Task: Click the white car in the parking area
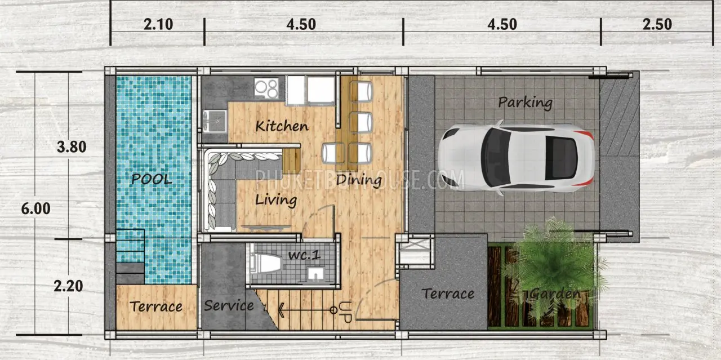[x=517, y=158]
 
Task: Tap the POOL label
[x=152, y=179]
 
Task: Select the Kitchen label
[x=282, y=126]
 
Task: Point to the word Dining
[x=359, y=180]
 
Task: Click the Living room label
[x=276, y=200]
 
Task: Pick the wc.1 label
[x=304, y=255]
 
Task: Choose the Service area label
[x=229, y=305]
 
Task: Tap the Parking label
[x=526, y=103]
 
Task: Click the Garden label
[x=556, y=294]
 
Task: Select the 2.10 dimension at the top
[x=158, y=24]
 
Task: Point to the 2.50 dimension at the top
[x=657, y=24]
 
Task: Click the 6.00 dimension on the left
[x=35, y=208]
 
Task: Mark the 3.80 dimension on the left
[x=72, y=147]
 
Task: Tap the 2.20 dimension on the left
[x=68, y=286]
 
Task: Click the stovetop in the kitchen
[x=266, y=88]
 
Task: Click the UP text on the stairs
[x=346, y=312]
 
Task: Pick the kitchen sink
[x=215, y=121]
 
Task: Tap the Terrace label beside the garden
[x=448, y=294]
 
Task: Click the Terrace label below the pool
[x=156, y=306]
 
